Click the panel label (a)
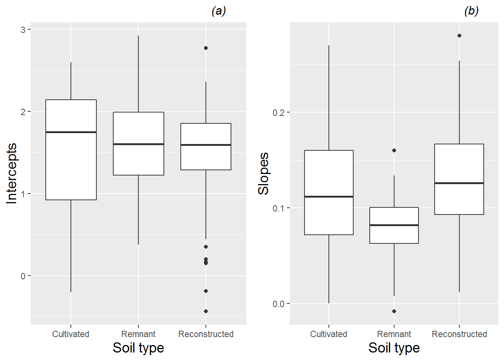pyautogui.click(x=219, y=11)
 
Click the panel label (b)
pyautogui.click(x=471, y=11)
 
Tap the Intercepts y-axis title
pyautogui.click(x=12, y=173)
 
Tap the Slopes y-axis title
pyautogui.click(x=264, y=173)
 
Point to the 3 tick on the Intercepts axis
pyautogui.click(x=23, y=30)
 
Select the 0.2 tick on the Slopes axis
pyautogui.click(x=279, y=112)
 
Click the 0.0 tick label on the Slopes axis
pyautogui.click(x=279, y=304)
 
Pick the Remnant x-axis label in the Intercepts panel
pyautogui.click(x=138, y=334)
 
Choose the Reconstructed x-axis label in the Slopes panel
pyautogui.click(x=459, y=334)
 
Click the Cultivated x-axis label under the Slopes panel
pyautogui.click(x=328, y=334)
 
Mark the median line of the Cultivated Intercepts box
pyautogui.click(x=71, y=132)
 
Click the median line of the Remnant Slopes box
pyautogui.click(x=394, y=225)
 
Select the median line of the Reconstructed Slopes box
pyautogui.click(x=459, y=183)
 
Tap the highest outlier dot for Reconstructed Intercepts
pyautogui.click(x=206, y=48)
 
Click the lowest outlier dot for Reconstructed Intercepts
pyautogui.click(x=206, y=311)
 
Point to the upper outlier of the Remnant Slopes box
pyautogui.click(x=394, y=150)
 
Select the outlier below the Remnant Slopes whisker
pyautogui.click(x=394, y=311)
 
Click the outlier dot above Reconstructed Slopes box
pyautogui.click(x=459, y=36)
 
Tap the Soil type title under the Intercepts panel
pyautogui.click(x=138, y=348)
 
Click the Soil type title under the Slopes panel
pyautogui.click(x=394, y=348)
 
